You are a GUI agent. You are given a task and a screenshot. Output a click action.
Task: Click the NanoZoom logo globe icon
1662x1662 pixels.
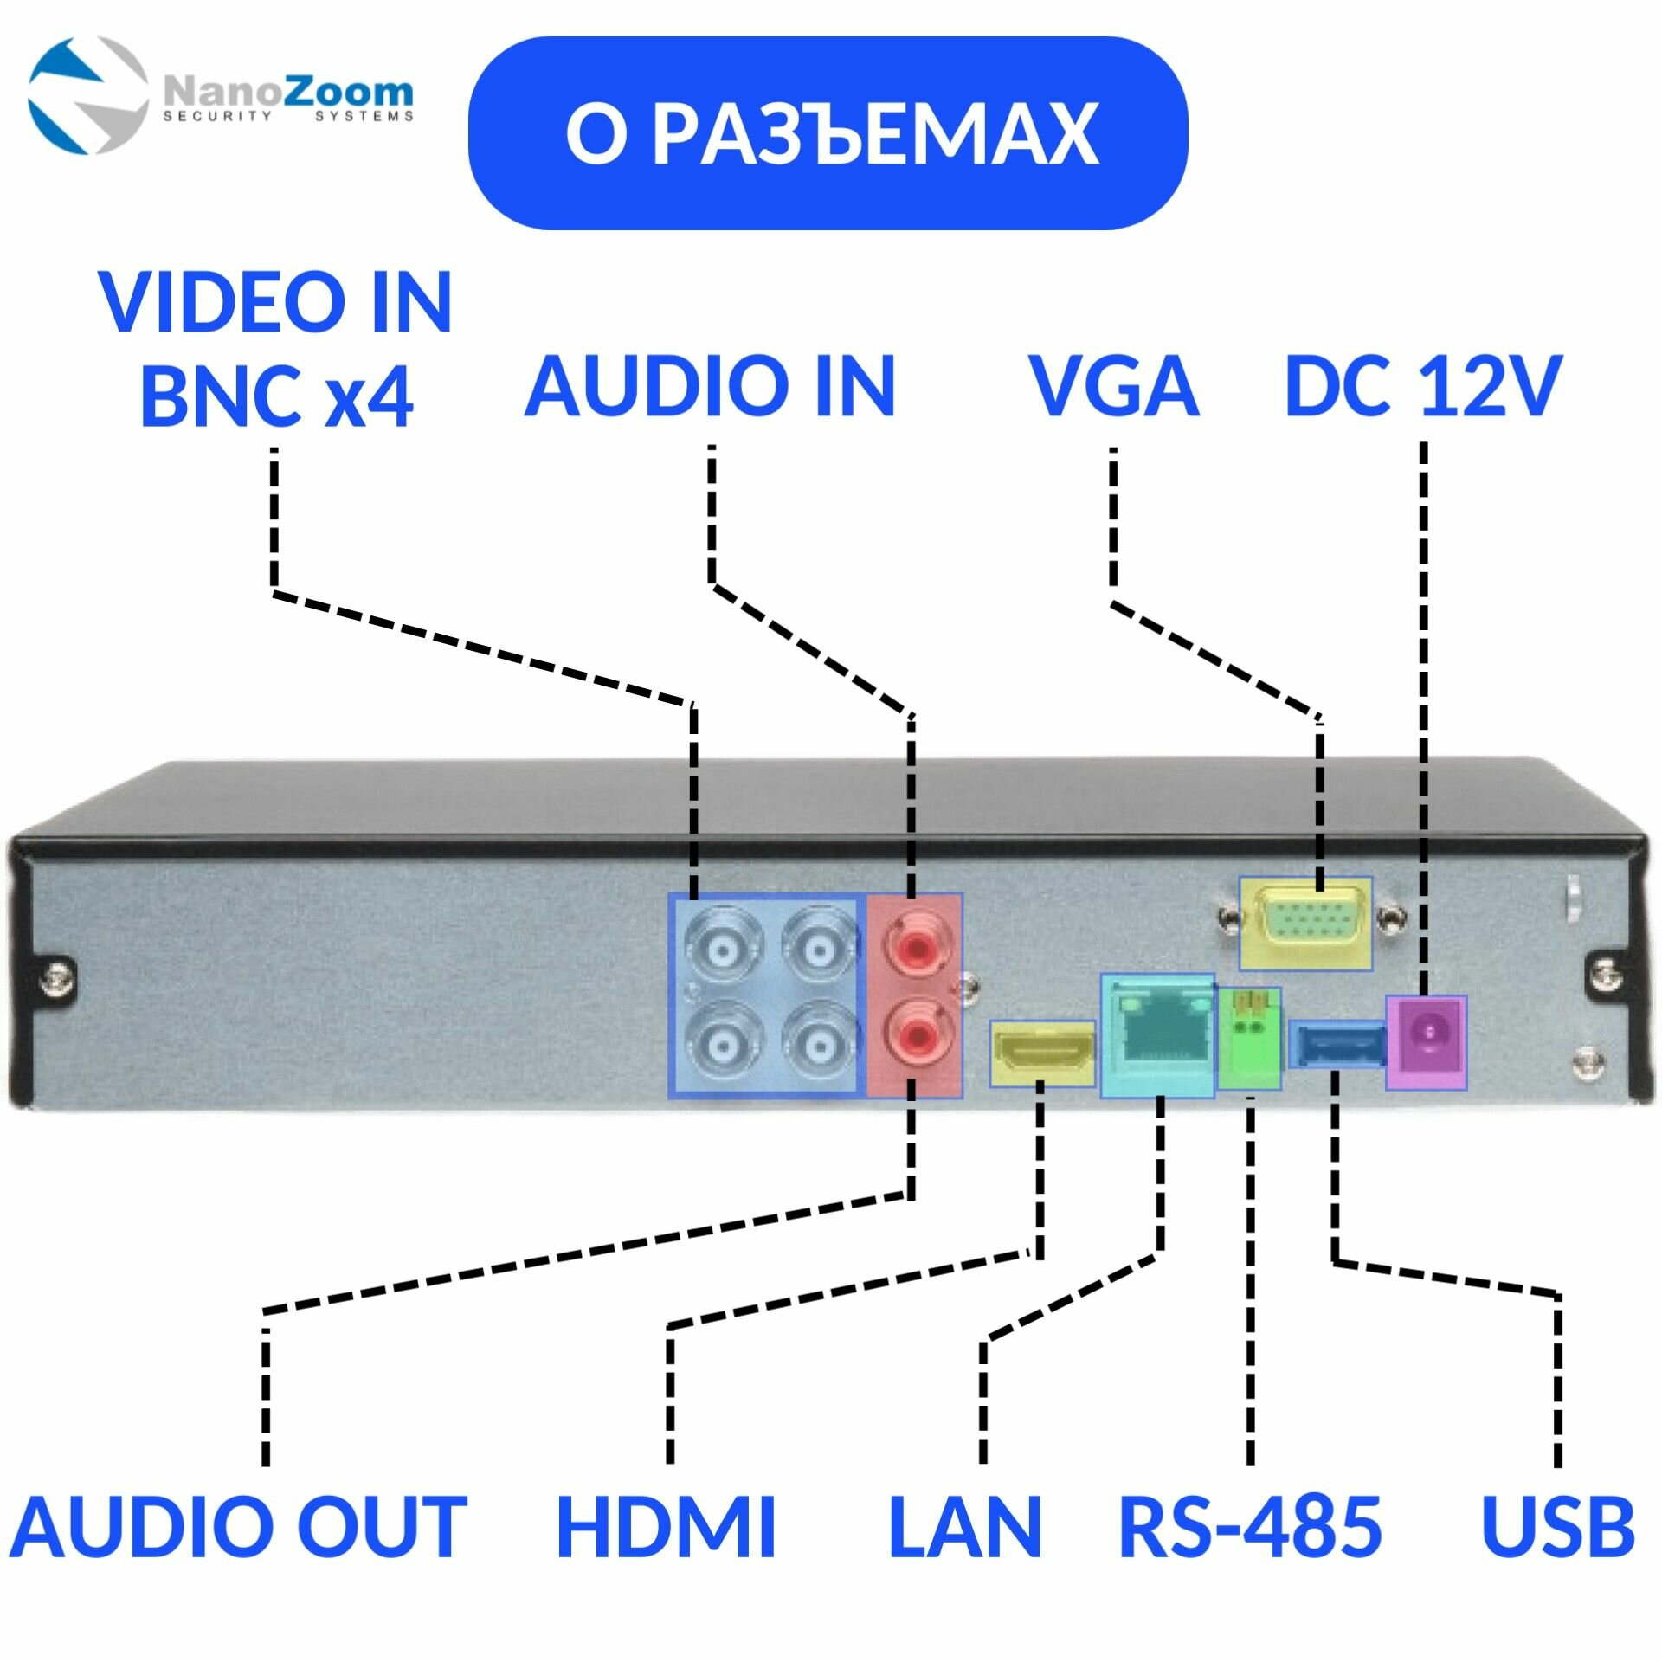[87, 95]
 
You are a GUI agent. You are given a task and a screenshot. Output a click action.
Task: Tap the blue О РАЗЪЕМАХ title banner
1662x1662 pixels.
[828, 132]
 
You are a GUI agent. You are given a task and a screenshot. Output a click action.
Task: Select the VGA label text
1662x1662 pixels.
[1113, 387]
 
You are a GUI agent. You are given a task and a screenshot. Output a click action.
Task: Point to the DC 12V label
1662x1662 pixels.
[1423, 387]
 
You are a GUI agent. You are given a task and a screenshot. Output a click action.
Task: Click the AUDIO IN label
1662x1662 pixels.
[710, 387]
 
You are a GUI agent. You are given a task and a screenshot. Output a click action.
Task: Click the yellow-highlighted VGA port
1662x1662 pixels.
[1305, 923]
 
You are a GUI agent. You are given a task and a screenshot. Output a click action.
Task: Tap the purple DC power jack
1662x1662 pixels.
[1427, 1041]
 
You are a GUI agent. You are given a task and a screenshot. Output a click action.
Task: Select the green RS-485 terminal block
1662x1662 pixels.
[1249, 1038]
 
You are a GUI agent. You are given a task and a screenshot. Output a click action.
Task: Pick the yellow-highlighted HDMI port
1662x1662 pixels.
[1043, 1053]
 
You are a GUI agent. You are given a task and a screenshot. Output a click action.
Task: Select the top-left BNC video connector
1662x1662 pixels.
[721, 950]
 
